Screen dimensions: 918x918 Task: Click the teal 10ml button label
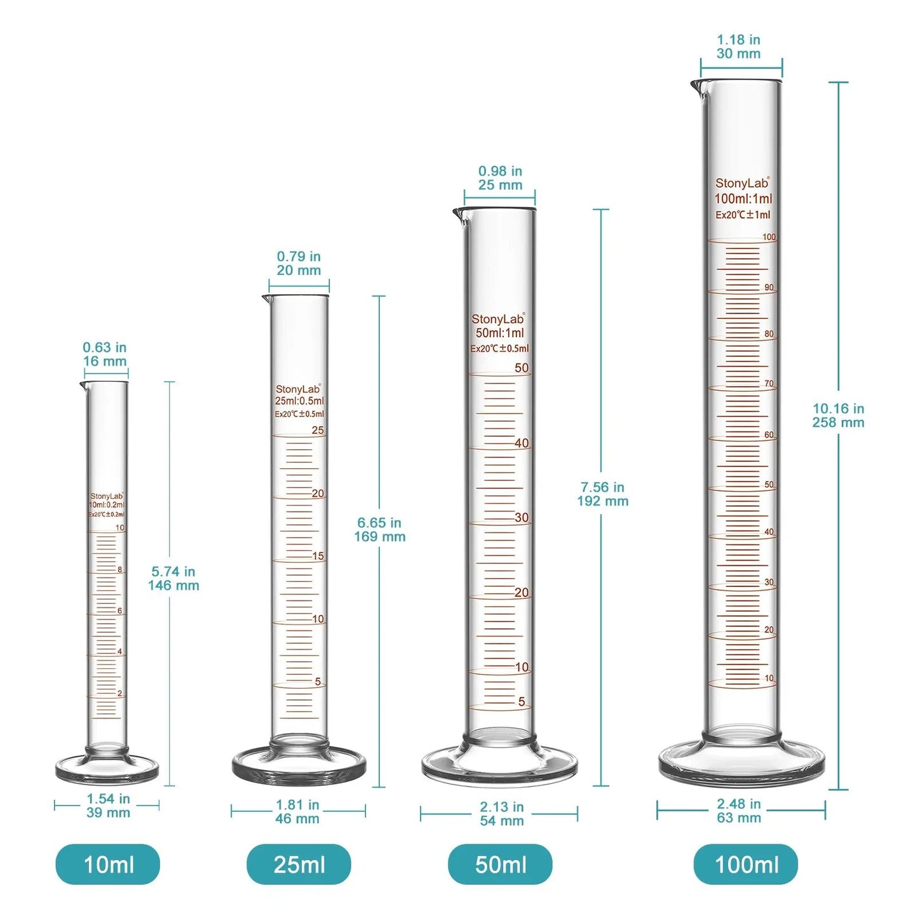[108, 864]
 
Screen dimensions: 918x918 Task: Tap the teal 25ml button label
[299, 864]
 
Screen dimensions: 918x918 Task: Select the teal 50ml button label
[500, 864]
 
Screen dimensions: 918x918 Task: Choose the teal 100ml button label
[746, 864]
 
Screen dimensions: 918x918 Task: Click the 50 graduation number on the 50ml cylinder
[522, 368]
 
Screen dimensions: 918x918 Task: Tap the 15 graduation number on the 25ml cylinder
[318, 556]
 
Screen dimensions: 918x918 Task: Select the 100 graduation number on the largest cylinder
[769, 237]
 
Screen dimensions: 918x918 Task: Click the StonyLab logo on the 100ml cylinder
[742, 183]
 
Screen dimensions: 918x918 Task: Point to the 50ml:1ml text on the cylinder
[500, 333]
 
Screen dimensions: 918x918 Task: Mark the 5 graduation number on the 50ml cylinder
[522, 701]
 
